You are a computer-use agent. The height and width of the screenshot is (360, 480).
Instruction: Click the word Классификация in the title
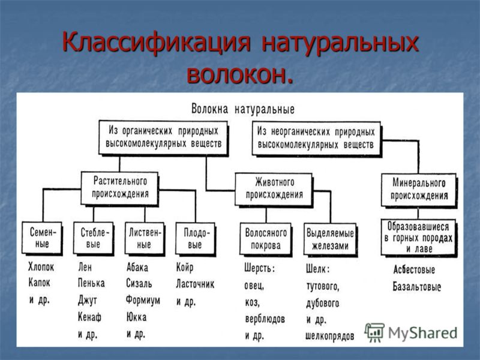(156, 43)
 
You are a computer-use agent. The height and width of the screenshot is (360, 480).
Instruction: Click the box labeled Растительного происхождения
(119, 188)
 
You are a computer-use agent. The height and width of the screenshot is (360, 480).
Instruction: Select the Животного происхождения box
(274, 189)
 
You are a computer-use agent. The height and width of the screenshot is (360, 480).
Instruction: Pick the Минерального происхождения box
(419, 190)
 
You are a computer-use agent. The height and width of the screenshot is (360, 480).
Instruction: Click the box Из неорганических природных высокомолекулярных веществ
(317, 139)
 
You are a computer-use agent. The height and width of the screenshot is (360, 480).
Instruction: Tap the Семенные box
(42, 238)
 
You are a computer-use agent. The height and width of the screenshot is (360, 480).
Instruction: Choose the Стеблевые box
(94, 238)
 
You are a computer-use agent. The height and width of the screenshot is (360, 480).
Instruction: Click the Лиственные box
(145, 238)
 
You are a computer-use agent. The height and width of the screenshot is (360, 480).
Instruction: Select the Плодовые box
(196, 239)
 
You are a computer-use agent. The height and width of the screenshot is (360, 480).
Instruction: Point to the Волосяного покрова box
(265, 239)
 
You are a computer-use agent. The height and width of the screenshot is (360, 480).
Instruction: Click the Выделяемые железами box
(330, 239)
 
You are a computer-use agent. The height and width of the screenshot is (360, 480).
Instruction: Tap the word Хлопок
(41, 267)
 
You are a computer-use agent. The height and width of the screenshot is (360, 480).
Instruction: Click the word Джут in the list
(87, 301)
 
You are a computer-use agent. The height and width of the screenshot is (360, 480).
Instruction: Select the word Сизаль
(139, 283)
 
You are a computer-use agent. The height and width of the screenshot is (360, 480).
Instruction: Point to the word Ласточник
(195, 284)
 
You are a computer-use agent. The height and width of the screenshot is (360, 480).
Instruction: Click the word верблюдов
(265, 319)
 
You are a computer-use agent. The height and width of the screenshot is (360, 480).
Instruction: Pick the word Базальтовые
(416, 287)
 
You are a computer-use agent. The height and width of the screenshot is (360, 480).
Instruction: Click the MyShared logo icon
(374, 332)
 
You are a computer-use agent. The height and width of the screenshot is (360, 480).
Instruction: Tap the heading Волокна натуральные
(243, 109)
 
